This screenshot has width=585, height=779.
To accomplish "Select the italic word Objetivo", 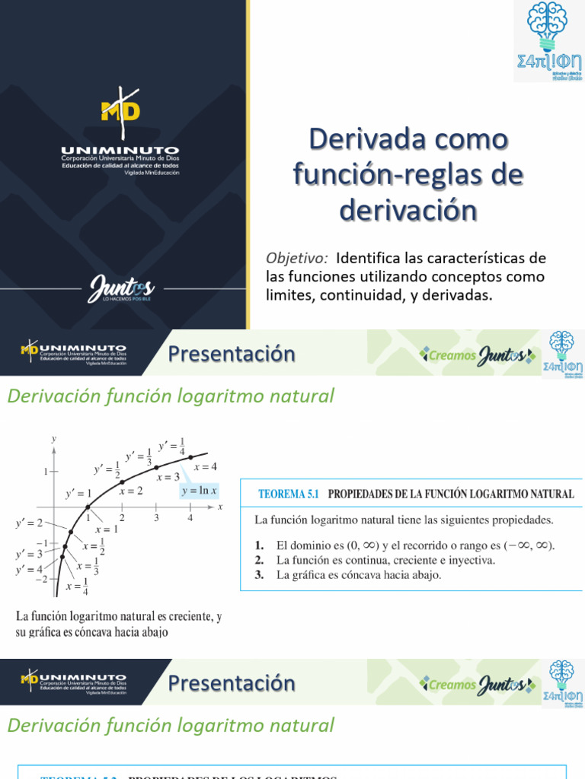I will point(296,258).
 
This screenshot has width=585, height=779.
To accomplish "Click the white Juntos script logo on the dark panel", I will point(122,288).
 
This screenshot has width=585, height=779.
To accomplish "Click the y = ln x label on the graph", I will point(199,491).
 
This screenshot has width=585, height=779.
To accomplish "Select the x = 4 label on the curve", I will point(205,466).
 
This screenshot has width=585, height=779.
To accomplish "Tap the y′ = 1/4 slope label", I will point(172,447).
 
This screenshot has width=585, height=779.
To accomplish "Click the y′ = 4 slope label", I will point(30,568).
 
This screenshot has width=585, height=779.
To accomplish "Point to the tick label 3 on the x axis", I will point(156,518).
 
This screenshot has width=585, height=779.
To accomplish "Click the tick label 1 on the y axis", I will point(45,472).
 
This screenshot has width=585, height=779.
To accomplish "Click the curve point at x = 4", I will point(190,456).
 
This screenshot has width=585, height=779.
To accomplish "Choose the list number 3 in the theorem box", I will point(260,574).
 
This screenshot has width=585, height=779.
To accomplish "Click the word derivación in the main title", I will point(408,209).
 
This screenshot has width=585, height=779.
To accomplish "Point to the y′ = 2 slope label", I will point(30,523).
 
